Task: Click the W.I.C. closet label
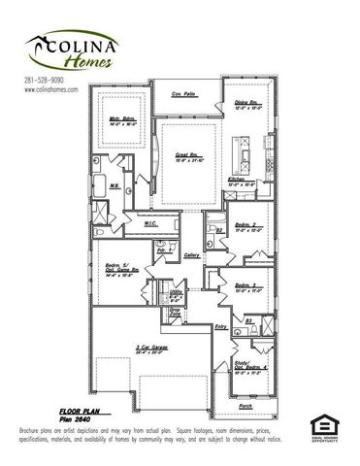(152, 221)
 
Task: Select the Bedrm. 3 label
(246, 286)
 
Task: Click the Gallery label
(190, 255)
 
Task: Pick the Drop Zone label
(174, 314)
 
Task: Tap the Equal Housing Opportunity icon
(322, 425)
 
